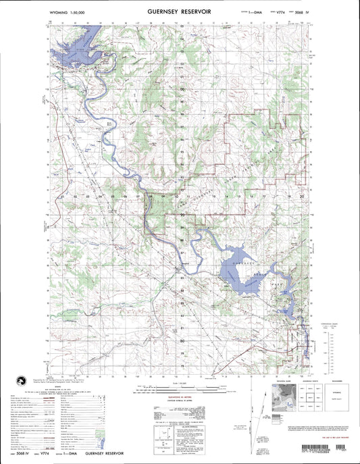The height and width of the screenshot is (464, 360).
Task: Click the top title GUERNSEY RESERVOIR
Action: coord(180,11)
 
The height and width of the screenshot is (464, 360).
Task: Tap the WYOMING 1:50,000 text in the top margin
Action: coord(70,13)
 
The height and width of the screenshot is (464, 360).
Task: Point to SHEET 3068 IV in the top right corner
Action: coord(300,13)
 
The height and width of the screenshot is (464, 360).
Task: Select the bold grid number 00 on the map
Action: coord(181,88)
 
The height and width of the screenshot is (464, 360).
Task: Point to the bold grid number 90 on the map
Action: coord(181,215)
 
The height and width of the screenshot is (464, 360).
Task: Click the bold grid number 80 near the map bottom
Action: coord(181,342)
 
